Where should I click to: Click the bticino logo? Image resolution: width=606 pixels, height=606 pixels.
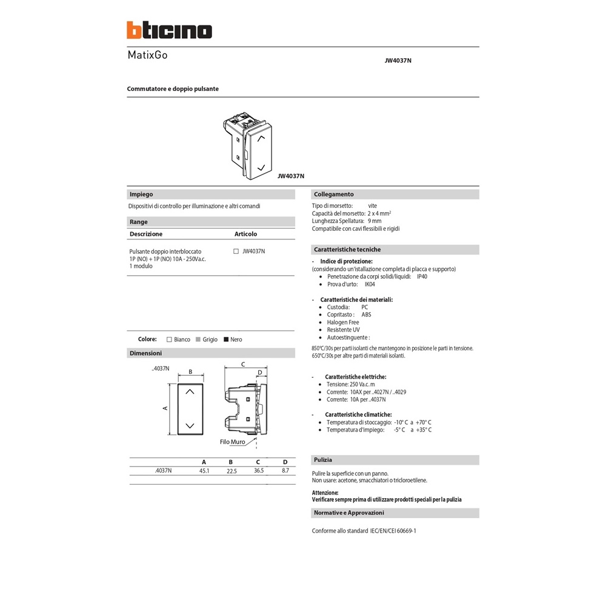169,30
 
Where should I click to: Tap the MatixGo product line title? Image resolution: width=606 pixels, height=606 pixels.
147,55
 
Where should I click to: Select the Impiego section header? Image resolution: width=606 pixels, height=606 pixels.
141,195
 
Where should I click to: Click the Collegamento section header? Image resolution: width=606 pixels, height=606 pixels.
333,195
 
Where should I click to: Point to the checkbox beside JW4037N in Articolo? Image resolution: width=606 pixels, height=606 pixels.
236,251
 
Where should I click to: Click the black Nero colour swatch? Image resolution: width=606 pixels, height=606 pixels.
226,339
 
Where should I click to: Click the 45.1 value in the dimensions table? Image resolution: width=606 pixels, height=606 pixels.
204,470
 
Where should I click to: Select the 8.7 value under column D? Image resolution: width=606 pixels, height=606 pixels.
285,470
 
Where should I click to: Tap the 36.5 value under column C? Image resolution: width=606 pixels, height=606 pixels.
258,470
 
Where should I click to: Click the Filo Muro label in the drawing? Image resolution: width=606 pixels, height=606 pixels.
232,442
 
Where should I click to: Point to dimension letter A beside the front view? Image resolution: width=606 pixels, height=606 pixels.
165,408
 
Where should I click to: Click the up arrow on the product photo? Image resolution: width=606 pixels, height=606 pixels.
261,139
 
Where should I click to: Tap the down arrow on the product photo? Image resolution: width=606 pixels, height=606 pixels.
261,166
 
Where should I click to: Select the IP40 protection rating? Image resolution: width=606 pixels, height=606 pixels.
423,276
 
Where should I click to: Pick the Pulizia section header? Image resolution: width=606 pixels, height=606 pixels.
322,460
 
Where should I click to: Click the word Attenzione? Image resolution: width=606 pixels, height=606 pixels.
325,493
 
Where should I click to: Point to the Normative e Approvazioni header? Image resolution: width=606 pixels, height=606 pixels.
348,513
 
